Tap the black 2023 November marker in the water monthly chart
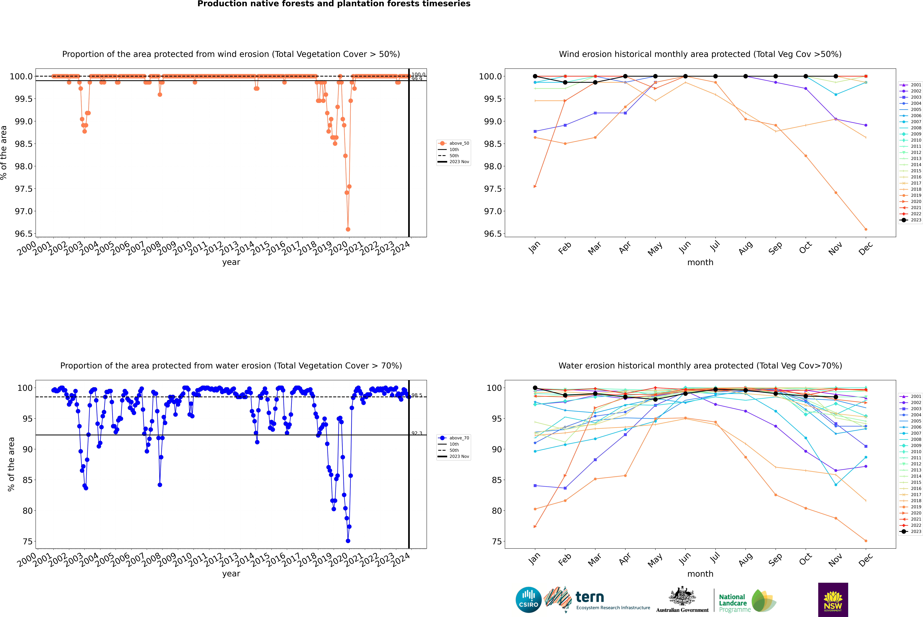point(836,397)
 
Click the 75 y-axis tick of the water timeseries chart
point(28,541)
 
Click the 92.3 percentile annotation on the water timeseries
point(417,433)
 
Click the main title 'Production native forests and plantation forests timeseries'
point(334,4)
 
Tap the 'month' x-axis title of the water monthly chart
point(700,574)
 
